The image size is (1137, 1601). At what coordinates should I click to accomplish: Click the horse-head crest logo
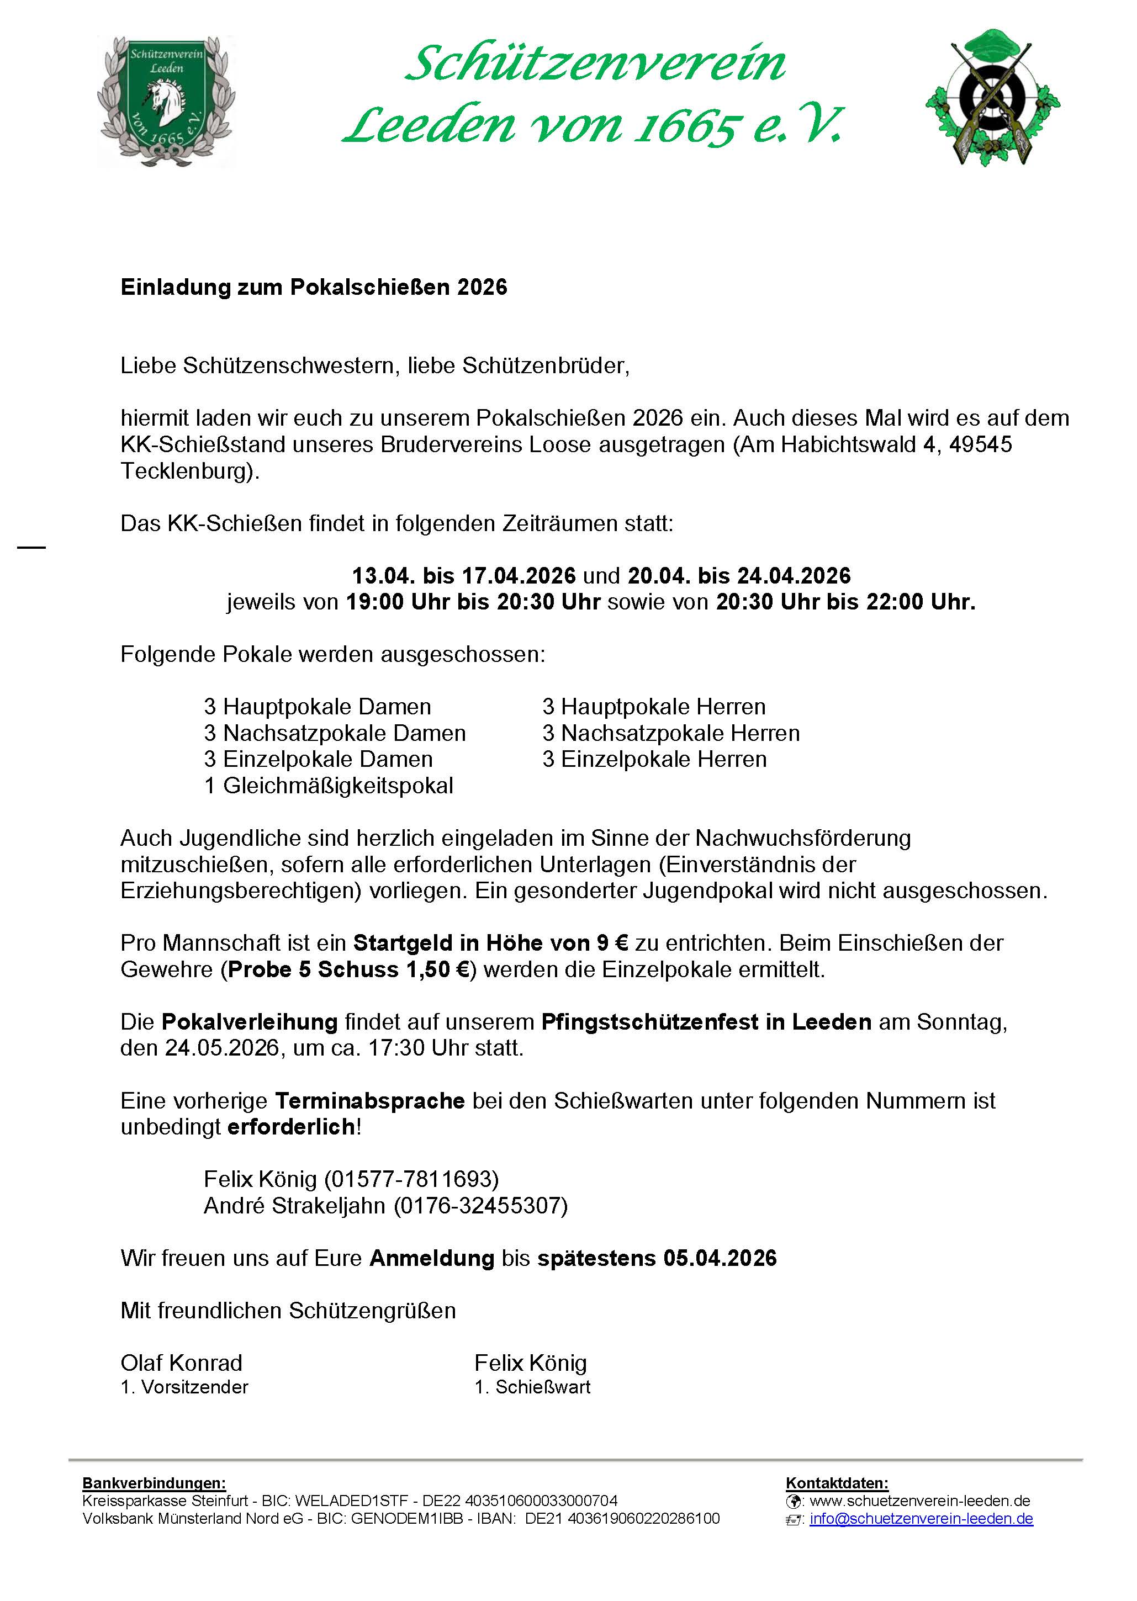coord(166,102)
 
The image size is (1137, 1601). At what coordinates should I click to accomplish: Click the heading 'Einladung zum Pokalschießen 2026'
coord(314,288)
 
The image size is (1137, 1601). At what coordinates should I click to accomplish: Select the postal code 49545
coord(980,444)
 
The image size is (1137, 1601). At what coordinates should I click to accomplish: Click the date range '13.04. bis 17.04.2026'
coord(463,576)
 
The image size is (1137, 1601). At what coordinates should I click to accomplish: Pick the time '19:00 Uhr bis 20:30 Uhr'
coord(473,602)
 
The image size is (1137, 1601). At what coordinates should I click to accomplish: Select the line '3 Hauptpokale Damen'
coord(317,707)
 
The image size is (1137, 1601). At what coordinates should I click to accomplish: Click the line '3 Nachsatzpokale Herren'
coord(671,733)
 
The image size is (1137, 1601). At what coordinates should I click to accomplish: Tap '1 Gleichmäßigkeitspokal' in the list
coord(329,786)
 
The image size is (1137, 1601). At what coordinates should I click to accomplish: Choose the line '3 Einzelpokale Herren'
coord(654,759)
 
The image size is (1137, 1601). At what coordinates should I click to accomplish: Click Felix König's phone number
coord(411,1180)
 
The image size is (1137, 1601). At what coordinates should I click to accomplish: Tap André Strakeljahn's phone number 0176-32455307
coord(480,1206)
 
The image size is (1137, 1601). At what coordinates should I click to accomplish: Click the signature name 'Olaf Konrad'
coord(181,1363)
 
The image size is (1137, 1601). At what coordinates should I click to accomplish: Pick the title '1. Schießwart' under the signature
coord(532,1387)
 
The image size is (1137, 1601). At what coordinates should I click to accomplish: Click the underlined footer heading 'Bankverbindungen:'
coord(154,1483)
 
